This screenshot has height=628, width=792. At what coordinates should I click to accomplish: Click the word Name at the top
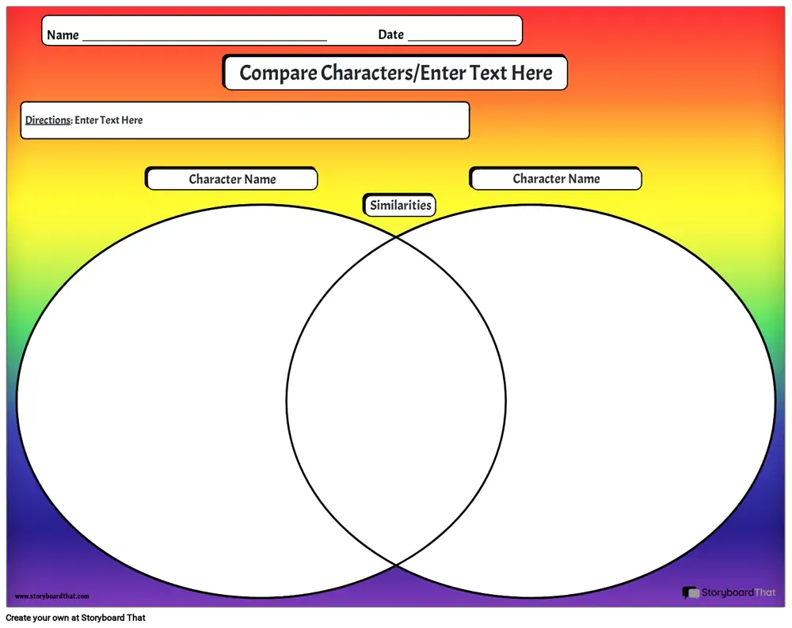63,35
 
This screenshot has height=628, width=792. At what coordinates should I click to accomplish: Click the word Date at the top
391,34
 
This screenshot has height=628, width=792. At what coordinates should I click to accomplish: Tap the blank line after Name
204,40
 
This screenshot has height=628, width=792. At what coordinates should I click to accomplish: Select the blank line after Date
463,40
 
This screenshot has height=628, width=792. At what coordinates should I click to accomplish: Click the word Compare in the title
278,74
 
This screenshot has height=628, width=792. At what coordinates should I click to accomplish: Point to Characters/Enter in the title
394,73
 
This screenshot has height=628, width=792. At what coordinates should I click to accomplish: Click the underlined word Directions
48,120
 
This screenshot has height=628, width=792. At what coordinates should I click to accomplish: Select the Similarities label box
399,205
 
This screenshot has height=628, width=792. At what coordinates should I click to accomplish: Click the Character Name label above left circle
232,179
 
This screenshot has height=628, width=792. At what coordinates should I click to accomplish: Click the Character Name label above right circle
556,178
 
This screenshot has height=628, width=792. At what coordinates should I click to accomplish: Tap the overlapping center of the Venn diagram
396,401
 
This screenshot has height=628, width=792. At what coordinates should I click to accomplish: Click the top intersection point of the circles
396,236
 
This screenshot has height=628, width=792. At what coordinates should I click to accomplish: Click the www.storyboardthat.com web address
52,596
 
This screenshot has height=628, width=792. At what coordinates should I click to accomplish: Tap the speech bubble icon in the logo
691,592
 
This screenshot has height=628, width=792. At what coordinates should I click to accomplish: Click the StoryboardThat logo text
738,592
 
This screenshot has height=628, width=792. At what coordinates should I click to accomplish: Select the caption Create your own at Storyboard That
76,618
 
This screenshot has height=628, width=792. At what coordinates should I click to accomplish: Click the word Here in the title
532,73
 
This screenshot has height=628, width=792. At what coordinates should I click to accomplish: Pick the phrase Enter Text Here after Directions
109,120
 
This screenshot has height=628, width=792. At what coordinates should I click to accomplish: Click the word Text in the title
489,73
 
